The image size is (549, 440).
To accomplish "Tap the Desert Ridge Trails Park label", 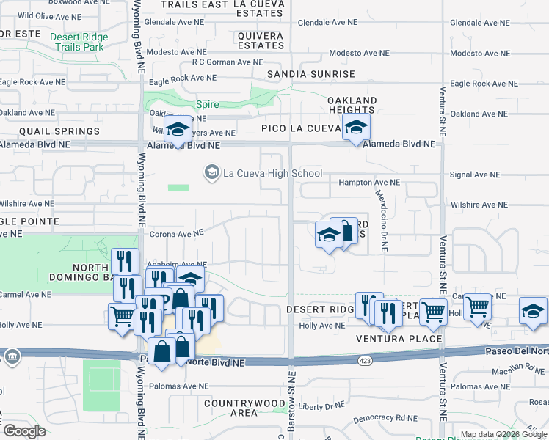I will pyautogui.click(x=79, y=42).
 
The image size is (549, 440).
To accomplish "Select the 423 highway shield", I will pyautogui.click(x=364, y=360).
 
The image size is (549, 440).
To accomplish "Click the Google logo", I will pyautogui.click(x=24, y=430).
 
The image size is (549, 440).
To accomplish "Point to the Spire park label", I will pyautogui.click(x=208, y=105).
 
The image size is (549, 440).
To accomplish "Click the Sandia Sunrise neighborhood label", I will pyautogui.click(x=310, y=74).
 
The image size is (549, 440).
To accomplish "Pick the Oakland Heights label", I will pyautogui.click(x=352, y=105).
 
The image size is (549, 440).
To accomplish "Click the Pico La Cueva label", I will pyautogui.click(x=298, y=129).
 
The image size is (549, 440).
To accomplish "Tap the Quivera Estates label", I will pyautogui.click(x=261, y=40).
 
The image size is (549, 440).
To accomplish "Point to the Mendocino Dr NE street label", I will pyautogui.click(x=382, y=216).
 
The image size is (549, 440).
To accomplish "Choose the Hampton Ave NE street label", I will pyautogui.click(x=368, y=182).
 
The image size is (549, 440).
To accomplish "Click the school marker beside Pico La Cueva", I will pyautogui.click(x=356, y=127).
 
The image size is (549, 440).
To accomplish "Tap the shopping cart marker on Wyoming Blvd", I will pyautogui.click(x=122, y=316).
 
